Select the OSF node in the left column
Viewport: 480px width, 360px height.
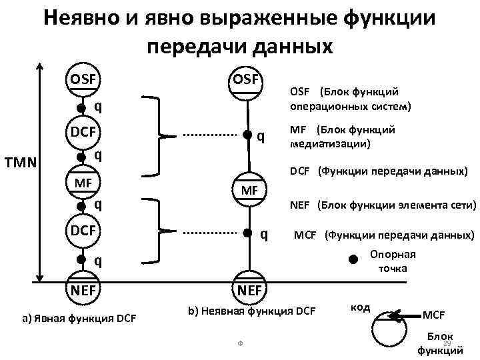[81, 81]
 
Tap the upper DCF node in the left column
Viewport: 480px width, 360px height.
[81, 133]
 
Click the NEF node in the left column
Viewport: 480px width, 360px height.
[81, 289]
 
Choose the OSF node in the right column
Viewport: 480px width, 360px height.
[249, 81]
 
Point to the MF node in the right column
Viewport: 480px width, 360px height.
[249, 191]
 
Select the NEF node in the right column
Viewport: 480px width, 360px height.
[249, 289]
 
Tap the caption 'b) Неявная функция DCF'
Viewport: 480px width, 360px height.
[252, 310]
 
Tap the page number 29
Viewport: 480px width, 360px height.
[447, 343]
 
